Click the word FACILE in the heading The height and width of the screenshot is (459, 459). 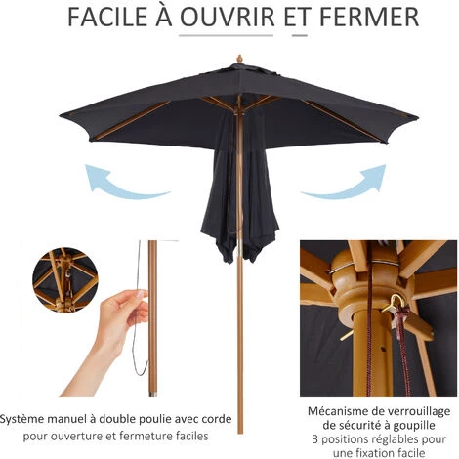(107, 17)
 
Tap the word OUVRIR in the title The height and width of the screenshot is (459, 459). (228, 17)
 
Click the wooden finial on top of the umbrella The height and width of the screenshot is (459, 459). (239, 60)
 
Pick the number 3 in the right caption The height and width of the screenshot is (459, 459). (314, 439)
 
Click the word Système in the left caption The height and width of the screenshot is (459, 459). (21, 419)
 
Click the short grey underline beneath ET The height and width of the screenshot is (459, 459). (300, 35)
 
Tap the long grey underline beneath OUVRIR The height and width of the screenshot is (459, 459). (227, 35)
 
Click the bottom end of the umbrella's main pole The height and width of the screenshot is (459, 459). (240, 433)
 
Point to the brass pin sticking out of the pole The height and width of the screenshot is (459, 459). (347, 335)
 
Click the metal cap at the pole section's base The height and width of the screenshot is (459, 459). (152, 395)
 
